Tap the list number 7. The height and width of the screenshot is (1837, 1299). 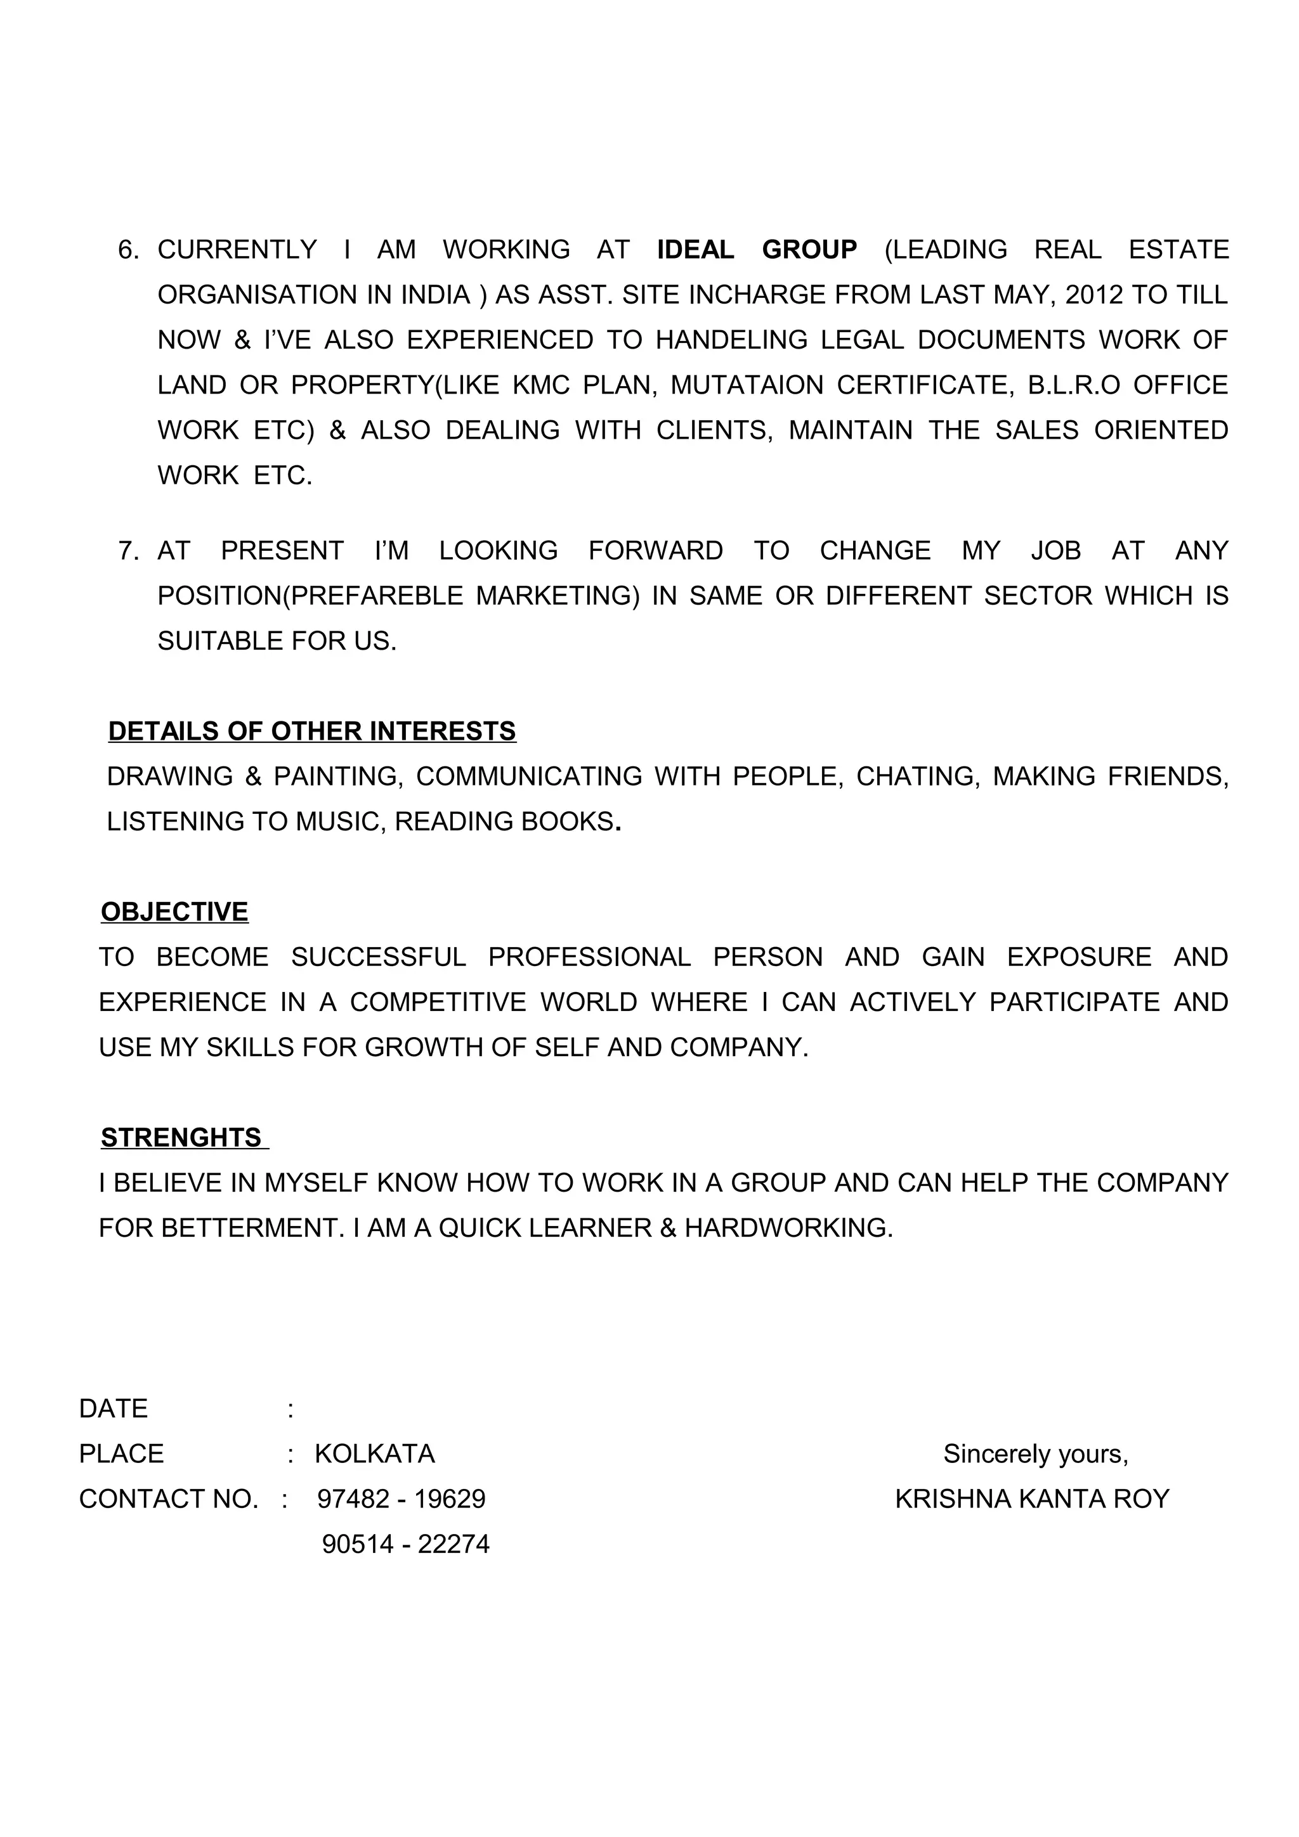[x=128, y=550]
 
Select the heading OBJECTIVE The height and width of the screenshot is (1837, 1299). [x=174, y=912]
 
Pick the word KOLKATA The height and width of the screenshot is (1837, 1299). [x=375, y=1453]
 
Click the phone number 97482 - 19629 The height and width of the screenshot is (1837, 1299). [x=401, y=1499]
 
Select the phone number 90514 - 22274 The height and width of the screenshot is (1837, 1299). [x=406, y=1544]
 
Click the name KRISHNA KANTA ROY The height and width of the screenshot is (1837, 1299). [x=1032, y=1499]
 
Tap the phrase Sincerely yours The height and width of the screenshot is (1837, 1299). [x=1035, y=1453]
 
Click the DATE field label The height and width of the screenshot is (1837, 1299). [x=113, y=1408]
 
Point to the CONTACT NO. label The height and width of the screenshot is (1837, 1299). [x=169, y=1499]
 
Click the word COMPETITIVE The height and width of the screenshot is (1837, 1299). [x=438, y=1002]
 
